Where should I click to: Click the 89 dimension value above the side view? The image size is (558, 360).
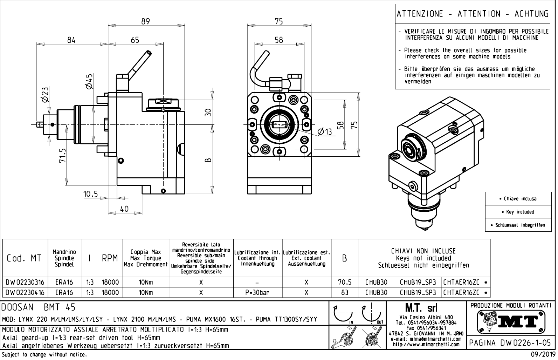tap(145, 21)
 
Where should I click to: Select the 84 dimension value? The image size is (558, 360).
tap(71, 40)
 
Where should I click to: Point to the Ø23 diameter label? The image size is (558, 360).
tap(45, 95)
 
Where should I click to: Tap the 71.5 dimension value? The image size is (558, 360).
tap(63, 156)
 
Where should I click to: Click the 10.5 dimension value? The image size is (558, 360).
tap(91, 194)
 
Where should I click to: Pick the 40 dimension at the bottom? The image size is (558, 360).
tap(124, 209)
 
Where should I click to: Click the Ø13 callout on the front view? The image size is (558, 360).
tap(324, 131)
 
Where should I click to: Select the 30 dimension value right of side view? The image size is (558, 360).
tap(208, 112)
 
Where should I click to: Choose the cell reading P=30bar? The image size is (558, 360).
tap(257, 292)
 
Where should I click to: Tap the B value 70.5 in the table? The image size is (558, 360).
tap(345, 282)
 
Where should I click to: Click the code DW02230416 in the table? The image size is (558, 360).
tap(25, 292)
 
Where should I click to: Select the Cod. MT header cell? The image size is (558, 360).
tap(24, 258)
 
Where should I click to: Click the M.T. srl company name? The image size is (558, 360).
tap(426, 308)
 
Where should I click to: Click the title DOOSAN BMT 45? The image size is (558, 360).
tap(39, 307)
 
